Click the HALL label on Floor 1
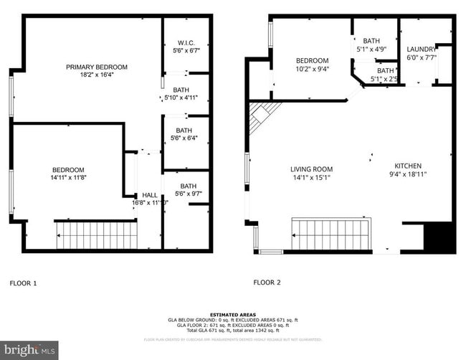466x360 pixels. point(150,194)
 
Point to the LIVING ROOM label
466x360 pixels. point(311,169)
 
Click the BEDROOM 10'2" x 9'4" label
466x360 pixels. point(313,60)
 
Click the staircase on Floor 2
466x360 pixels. point(329,234)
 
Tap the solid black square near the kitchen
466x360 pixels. point(440,237)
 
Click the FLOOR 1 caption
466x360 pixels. point(23,283)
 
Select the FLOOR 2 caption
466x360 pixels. point(267,283)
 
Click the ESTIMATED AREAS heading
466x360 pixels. point(232,316)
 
